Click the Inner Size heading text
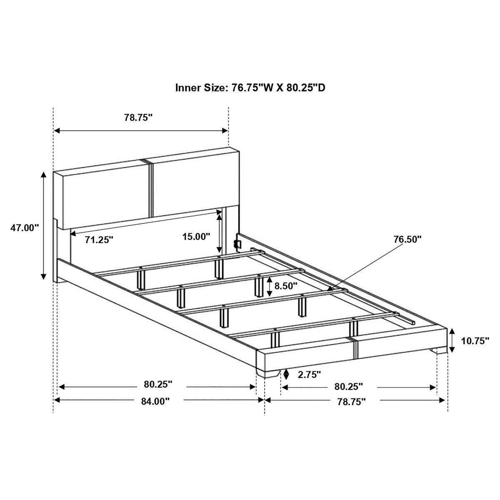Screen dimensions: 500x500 coord(250,87)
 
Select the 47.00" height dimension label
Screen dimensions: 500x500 coord(25,228)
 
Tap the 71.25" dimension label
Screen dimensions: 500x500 coord(99,240)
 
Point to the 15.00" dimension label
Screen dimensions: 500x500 coord(196,236)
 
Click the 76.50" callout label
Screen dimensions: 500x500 coord(407,239)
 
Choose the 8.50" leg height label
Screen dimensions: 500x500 coord(286,286)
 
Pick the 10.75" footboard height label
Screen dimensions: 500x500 coord(475,341)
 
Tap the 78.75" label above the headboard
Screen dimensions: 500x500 coord(138,117)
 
